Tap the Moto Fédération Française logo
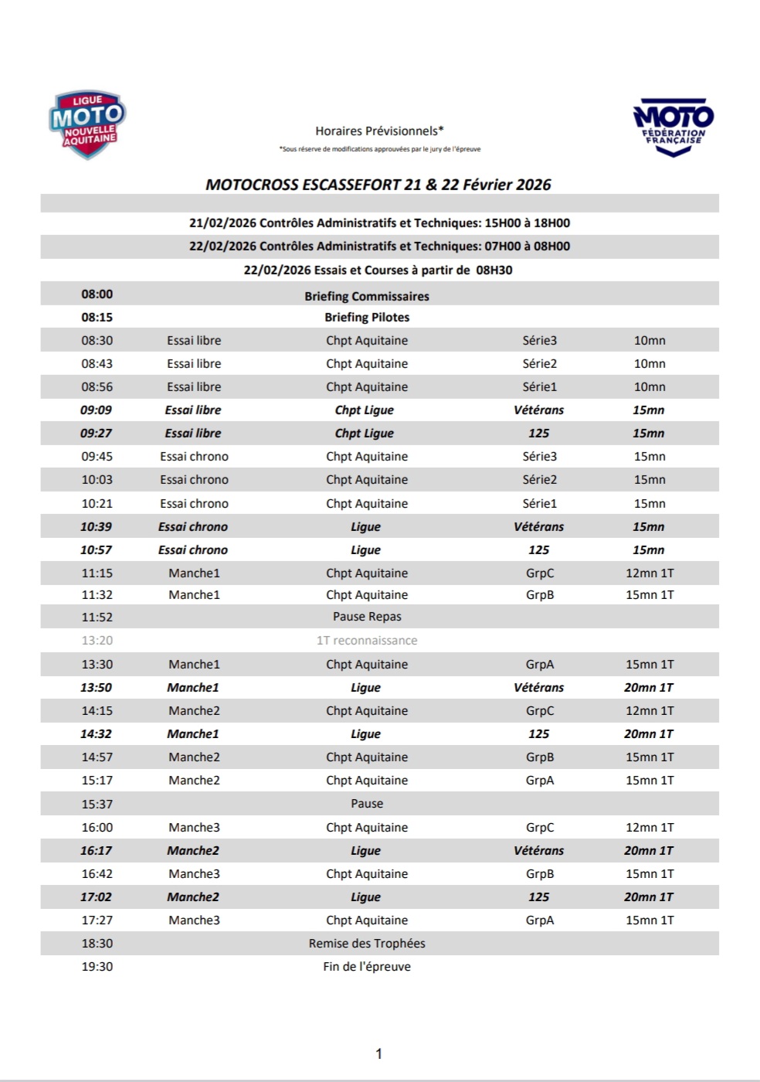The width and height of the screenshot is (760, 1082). (673, 126)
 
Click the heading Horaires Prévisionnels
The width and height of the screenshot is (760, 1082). (379, 131)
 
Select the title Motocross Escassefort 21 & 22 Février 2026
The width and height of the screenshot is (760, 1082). (378, 185)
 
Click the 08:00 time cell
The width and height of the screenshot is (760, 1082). (97, 294)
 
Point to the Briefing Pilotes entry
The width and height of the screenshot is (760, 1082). (367, 318)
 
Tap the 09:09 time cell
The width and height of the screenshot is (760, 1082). (97, 410)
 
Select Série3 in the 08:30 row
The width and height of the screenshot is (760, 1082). (539, 341)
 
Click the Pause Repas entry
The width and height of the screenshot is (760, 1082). (367, 617)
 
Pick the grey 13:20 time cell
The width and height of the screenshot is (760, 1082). (97, 641)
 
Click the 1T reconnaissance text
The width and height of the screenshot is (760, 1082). (367, 641)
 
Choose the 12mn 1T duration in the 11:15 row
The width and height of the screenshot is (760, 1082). (650, 573)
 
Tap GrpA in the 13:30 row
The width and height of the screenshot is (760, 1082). (539, 665)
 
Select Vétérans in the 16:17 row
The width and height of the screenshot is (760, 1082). (538, 851)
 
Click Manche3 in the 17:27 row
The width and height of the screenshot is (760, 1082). (194, 920)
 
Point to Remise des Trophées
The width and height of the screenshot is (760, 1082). (367, 944)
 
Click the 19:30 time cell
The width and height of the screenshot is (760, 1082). (97, 967)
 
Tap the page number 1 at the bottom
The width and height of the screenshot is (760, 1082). (378, 1053)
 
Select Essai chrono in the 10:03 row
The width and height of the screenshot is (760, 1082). (194, 480)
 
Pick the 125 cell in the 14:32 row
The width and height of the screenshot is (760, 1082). (538, 734)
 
